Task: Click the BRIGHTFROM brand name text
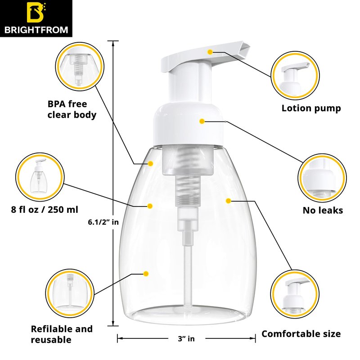pos(36,30)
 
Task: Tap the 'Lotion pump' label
pos(311,108)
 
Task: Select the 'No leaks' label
pos(323,210)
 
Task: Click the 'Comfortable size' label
pos(301,334)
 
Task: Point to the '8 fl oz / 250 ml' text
pos(45,210)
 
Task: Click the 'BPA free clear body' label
pos(72,109)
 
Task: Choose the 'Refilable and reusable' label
pos(62,334)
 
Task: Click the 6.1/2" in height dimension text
pos(103,222)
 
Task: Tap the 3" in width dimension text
pos(186,339)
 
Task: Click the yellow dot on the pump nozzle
pos(210,52)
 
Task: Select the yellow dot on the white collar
pos(202,121)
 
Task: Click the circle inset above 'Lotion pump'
pos(295,75)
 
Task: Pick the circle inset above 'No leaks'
pos(322,178)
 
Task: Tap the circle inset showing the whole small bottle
pos(40,177)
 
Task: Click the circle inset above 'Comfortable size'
pos(295,294)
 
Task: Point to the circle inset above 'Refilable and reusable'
pos(70,293)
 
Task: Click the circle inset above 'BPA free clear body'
pos(80,67)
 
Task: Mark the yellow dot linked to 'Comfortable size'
pos(228,201)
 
